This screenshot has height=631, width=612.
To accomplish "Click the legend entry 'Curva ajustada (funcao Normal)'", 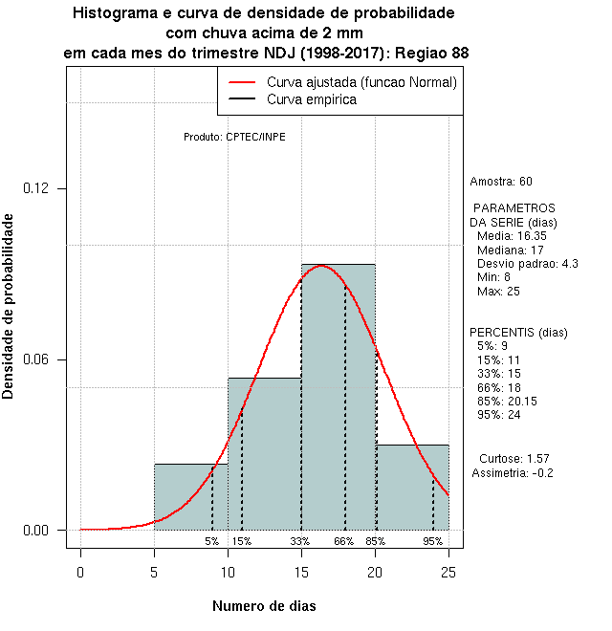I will click(x=361, y=82).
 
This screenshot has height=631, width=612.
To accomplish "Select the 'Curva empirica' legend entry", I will click(x=312, y=99).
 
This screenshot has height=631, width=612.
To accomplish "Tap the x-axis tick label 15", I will click(x=301, y=572).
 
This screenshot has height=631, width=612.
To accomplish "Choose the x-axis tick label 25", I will click(x=448, y=572).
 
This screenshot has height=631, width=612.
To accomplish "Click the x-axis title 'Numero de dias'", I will click(x=264, y=605).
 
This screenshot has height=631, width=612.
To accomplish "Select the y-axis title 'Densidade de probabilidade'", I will click(x=9, y=306).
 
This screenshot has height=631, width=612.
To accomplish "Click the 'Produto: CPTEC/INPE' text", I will click(x=234, y=137).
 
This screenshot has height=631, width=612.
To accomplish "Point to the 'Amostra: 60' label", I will click(x=501, y=182).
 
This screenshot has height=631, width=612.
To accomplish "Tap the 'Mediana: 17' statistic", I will click(x=510, y=250).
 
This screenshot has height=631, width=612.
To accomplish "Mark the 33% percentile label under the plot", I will click(x=300, y=541).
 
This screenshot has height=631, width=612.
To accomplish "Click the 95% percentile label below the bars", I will click(x=432, y=541).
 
